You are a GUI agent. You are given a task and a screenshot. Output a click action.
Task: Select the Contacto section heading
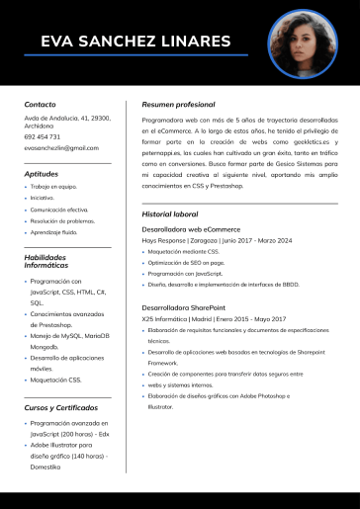point(41,104)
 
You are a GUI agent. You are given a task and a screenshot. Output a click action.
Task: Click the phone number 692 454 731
point(43,136)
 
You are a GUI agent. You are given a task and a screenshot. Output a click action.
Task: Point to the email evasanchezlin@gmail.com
point(61,148)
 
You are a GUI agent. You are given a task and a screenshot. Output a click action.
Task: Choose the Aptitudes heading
point(42,174)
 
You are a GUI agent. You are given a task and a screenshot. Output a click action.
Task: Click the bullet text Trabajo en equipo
point(54,186)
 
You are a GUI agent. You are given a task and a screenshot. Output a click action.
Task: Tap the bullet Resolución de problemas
point(61,220)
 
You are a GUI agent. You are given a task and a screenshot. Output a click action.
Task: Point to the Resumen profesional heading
point(178,104)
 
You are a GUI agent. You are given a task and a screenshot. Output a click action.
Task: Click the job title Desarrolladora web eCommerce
point(199,229)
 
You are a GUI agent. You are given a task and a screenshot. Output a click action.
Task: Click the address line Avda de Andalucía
point(67,118)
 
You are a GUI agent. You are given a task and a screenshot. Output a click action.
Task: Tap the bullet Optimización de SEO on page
point(186,262)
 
